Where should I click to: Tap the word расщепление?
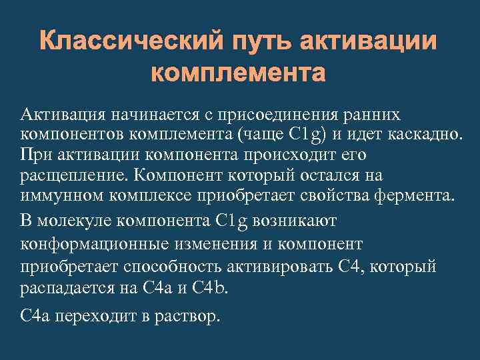coord(71,175)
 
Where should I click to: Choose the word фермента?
coord(413,197)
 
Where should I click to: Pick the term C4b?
coord(210,288)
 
